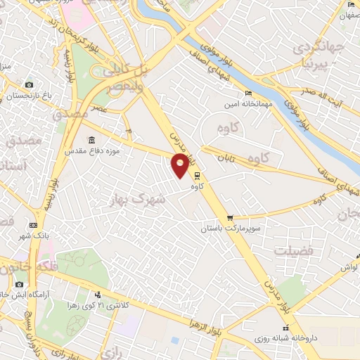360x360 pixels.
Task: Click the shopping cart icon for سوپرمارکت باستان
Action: point(229,218)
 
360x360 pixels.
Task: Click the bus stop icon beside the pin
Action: point(197,176)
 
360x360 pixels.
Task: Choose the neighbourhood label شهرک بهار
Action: point(137,199)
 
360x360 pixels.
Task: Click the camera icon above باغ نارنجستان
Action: point(30,84)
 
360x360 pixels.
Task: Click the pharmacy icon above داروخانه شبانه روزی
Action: point(285,328)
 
